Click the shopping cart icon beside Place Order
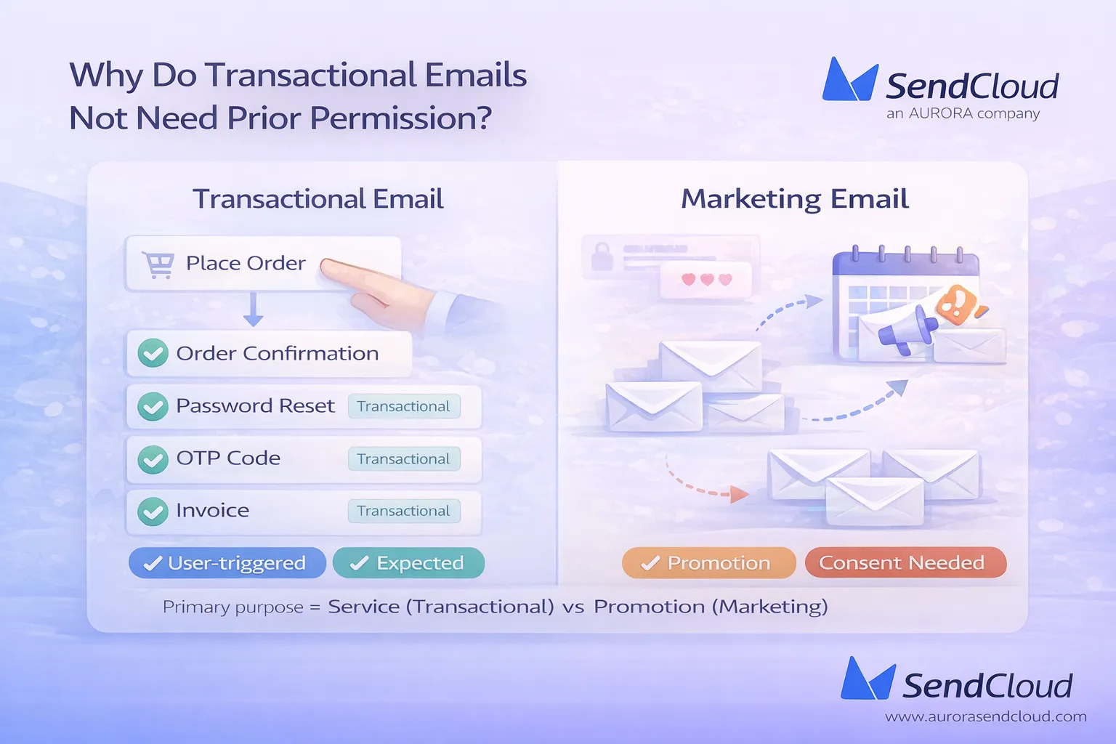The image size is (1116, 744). coord(158,264)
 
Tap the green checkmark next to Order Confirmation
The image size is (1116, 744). coord(153,353)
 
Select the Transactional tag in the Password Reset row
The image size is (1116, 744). coord(403,406)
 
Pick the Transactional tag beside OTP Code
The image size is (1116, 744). coord(403,458)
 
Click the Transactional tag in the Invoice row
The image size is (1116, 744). coord(403,511)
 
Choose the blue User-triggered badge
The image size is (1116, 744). coord(227,563)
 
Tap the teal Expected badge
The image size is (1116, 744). coord(408,563)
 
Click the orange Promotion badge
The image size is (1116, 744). coord(708,563)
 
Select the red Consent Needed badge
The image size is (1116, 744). coord(905,563)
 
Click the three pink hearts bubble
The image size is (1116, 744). coord(706,280)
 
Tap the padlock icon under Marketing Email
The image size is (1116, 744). coord(602,256)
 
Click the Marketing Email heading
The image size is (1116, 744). coord(795,199)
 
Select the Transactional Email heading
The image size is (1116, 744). coord(318,199)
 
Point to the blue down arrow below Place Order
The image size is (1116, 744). coord(253,309)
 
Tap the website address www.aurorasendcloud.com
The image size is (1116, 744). coord(985,716)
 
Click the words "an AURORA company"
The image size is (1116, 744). coord(963,113)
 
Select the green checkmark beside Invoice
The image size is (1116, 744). coord(153,511)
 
